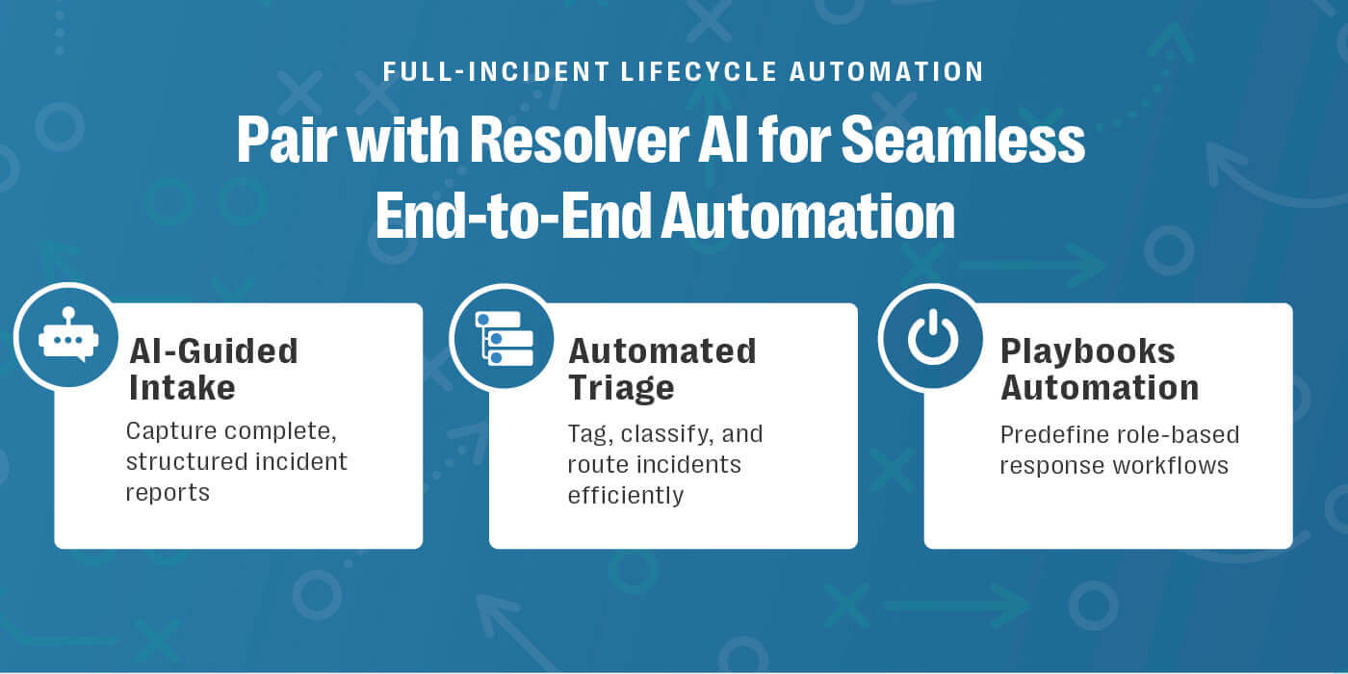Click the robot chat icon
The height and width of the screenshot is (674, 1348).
[x=66, y=337]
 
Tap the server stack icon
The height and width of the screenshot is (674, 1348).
[x=502, y=337]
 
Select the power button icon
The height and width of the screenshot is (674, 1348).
[x=932, y=337]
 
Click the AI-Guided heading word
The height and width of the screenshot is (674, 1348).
[x=213, y=350]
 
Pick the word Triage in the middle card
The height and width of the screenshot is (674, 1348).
[x=620, y=387]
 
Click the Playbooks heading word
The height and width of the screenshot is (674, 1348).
[x=1087, y=350]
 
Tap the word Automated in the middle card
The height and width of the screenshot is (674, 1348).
[x=661, y=350]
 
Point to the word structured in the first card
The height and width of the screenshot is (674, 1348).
[x=180, y=462]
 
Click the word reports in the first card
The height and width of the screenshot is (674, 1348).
[x=168, y=492]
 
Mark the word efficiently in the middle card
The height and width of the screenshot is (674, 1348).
[x=625, y=495]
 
